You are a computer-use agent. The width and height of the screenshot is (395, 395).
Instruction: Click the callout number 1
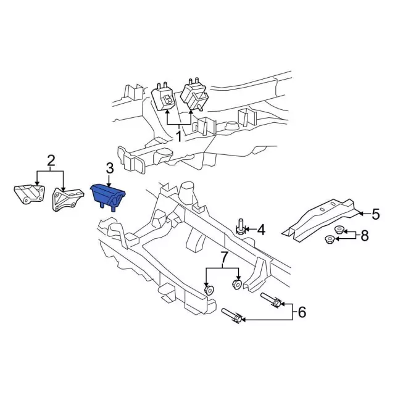click(x=178, y=136)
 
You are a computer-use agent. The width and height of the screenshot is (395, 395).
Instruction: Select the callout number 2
click(x=51, y=160)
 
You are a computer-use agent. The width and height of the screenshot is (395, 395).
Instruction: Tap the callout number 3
click(x=110, y=168)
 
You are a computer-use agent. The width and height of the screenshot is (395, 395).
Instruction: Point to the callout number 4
click(x=260, y=230)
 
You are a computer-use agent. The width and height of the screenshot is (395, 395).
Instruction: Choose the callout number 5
click(x=375, y=214)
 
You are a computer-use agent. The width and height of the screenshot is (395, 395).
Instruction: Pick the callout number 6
click(x=302, y=312)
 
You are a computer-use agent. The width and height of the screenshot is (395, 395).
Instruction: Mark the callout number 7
click(x=224, y=257)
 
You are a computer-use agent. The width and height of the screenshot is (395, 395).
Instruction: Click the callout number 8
click(x=365, y=236)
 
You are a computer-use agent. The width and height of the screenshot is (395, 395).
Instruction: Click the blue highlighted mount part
click(x=108, y=197)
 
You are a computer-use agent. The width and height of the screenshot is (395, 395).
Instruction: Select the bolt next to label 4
click(x=241, y=227)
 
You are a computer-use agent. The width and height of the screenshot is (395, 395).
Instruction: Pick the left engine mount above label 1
click(x=163, y=98)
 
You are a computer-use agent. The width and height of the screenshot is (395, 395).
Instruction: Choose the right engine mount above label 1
click(x=194, y=95)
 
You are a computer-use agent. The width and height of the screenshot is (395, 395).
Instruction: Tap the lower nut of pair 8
click(x=329, y=239)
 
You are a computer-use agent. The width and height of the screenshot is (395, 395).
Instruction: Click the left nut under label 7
click(x=209, y=290)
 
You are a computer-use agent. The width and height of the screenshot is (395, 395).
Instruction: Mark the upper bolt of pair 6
click(x=272, y=299)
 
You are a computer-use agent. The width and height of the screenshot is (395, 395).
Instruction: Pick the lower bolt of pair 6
click(x=232, y=315)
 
